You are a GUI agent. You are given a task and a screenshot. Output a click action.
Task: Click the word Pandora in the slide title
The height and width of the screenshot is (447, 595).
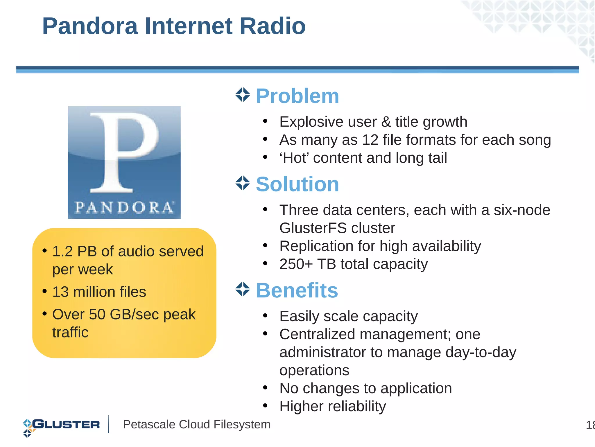pos(90,26)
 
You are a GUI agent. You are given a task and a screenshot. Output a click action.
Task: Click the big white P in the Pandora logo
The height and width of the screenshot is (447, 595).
pos(122,151)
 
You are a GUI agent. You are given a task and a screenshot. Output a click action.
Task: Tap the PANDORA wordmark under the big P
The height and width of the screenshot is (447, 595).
pos(124,207)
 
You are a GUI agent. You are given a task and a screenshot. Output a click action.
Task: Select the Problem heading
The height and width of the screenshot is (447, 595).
pos(297,96)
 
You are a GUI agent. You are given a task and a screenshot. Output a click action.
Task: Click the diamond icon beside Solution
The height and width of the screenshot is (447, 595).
pos(243,183)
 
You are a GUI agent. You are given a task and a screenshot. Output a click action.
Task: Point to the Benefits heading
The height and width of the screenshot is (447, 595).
pos(297,290)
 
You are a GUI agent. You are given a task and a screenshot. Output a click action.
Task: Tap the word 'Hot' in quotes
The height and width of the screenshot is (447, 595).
pos(294,158)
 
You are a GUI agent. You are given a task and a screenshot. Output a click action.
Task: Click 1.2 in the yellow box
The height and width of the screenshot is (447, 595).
pos(62,252)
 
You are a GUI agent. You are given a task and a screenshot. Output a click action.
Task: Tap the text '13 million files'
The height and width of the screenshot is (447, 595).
pos(99,292)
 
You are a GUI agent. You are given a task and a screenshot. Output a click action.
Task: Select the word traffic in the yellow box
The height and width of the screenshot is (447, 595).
pos(70,333)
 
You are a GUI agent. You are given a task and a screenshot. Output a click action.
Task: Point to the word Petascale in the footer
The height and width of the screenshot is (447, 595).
pos(148,425)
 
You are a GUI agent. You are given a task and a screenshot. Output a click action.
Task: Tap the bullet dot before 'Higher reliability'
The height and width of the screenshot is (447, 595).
pos(265,405)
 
